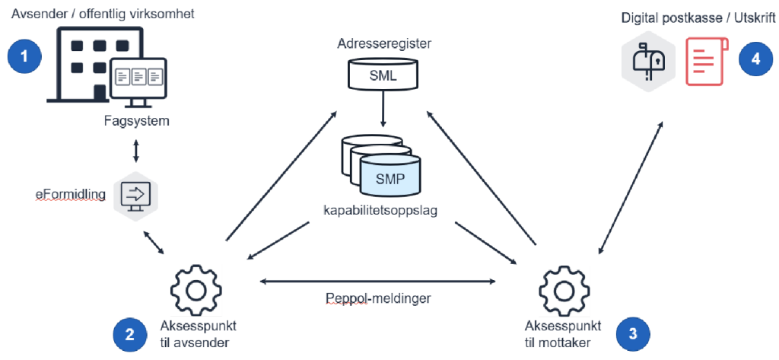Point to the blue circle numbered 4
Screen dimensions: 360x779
tap(755, 59)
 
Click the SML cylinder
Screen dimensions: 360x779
tap(383, 74)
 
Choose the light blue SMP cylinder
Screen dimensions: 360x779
tap(389, 178)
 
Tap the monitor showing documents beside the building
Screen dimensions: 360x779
tap(138, 79)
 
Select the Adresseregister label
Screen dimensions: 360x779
tap(384, 44)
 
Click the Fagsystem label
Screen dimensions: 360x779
tap(136, 120)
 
